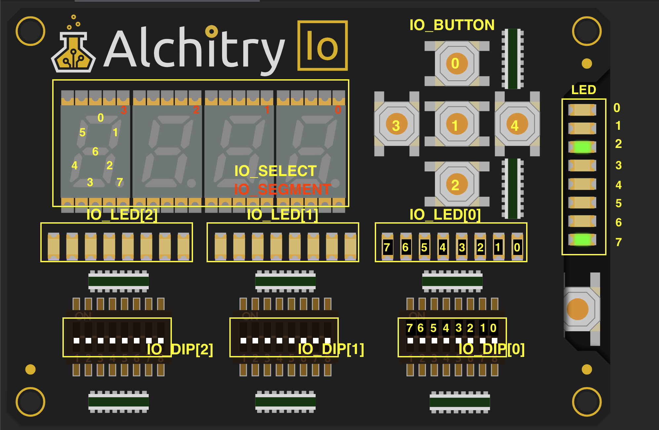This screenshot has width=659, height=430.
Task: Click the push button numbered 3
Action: (396, 125)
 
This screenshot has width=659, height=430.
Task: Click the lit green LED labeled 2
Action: (582, 147)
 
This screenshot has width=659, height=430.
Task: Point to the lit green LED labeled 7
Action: (582, 239)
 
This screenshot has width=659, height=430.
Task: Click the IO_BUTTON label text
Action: (452, 25)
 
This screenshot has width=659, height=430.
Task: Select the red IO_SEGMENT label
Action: (282, 189)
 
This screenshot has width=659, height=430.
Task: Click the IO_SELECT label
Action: (275, 171)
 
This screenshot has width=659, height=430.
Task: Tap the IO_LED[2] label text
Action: (122, 215)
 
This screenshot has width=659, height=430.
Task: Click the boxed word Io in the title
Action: (322, 46)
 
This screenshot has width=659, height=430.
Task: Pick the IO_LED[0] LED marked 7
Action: (387, 247)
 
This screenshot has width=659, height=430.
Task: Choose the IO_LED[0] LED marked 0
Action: (517, 247)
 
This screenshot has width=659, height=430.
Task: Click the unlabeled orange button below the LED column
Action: (578, 309)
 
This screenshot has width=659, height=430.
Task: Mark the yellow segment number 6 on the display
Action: (95, 151)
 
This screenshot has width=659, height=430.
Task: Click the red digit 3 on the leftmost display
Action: (124, 110)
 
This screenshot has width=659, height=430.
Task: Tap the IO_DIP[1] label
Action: (331, 349)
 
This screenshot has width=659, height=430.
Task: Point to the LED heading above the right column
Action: (584, 90)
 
